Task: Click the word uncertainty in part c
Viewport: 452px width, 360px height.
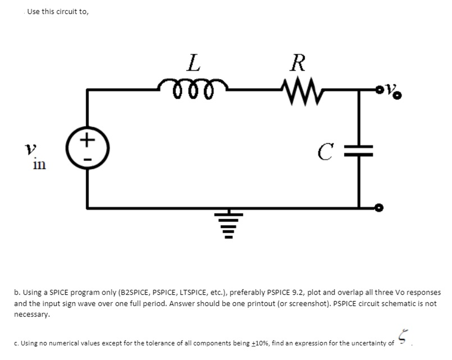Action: (x=366, y=343)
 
